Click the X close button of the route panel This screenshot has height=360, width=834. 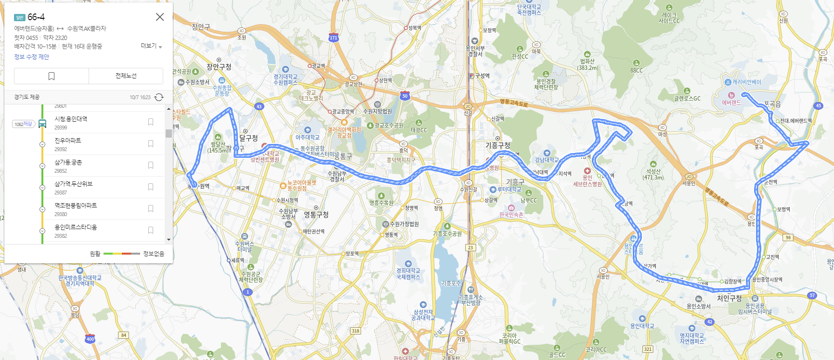point(160,17)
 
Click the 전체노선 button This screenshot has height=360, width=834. point(126,76)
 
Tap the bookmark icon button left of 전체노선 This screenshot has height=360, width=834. point(52,76)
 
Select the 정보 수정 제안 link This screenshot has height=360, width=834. point(32,57)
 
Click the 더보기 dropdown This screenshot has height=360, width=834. point(151,46)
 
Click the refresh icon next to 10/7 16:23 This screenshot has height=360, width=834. point(159,97)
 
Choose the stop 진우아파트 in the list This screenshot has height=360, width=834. point(68,141)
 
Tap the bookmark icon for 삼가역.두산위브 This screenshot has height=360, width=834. point(151,187)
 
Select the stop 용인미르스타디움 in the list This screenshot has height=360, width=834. point(76,227)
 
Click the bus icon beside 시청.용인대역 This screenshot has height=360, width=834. point(42,124)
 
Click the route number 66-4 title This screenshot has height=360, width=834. point(36,17)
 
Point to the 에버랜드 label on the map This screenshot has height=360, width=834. point(731,103)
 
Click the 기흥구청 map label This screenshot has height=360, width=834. point(497,145)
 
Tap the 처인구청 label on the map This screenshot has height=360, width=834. point(729,298)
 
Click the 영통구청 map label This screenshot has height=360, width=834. point(316,215)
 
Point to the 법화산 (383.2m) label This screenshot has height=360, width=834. point(587,64)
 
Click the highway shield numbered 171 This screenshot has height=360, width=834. point(333,38)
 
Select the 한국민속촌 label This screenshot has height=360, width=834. point(511,215)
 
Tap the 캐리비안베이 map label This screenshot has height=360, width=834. point(746,82)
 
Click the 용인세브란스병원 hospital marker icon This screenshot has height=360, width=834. point(587,171)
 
